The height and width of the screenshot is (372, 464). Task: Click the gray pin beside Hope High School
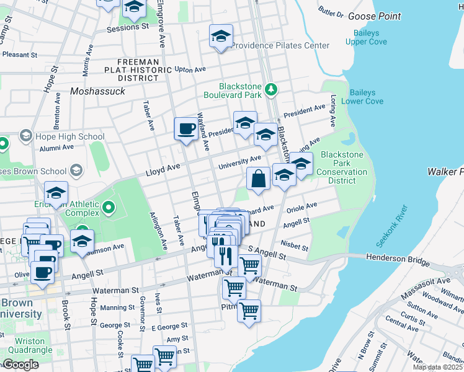tap(25, 135)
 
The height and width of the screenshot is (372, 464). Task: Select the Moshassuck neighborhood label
tap(97, 91)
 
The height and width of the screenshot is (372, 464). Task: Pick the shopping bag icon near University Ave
tap(258, 179)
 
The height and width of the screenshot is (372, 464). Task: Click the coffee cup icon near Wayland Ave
tap(185, 129)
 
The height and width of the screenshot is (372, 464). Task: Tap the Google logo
tap(20, 365)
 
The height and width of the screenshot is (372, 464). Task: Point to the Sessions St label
tap(128, 28)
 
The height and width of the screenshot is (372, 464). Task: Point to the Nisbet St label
tap(294, 246)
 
